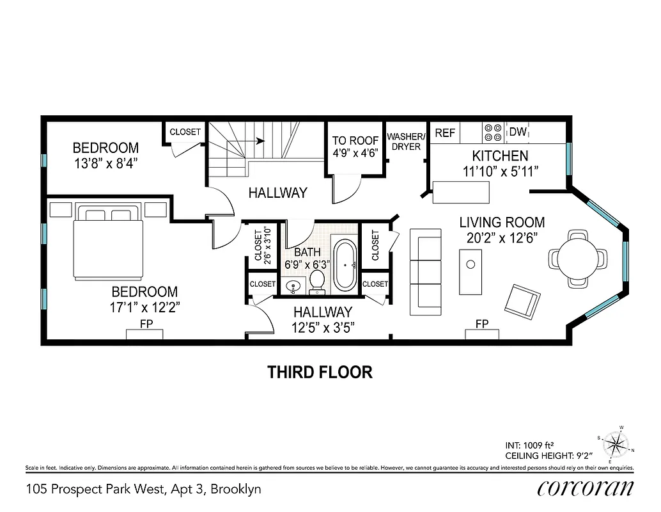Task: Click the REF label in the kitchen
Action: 445,132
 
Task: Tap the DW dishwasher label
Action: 518,132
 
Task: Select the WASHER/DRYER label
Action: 406,141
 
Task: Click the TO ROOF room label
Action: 355,141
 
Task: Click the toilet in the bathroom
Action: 317,282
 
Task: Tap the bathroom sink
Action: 293,287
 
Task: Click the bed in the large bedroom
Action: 105,243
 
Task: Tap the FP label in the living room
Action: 481,324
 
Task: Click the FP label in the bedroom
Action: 146,324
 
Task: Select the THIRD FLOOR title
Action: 320,372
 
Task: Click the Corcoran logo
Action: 585,488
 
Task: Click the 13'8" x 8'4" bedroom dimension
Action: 105,163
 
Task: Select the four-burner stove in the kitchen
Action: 492,132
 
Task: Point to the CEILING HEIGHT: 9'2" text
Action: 548,456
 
